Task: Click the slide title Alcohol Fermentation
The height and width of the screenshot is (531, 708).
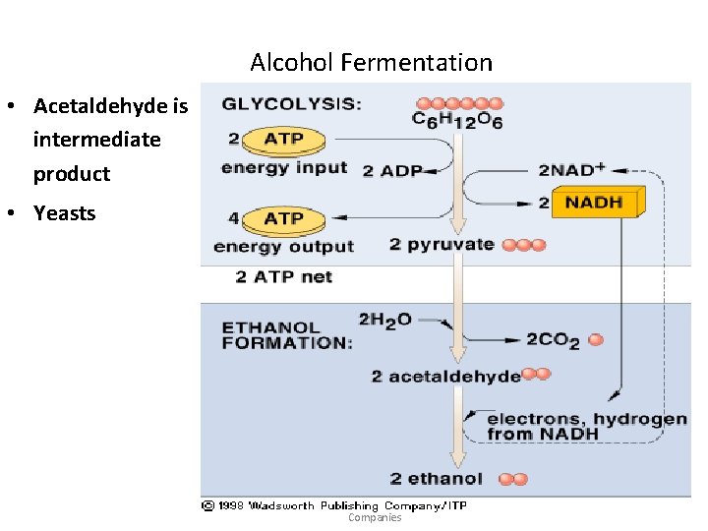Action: [x=371, y=63]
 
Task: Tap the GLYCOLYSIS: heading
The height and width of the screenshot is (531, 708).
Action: [x=291, y=104]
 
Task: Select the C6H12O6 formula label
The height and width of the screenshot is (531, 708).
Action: [x=457, y=122]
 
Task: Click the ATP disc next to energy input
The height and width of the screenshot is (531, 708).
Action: [x=283, y=140]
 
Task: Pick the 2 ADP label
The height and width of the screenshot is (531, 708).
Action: [x=391, y=170]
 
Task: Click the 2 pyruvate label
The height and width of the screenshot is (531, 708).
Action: [x=442, y=244]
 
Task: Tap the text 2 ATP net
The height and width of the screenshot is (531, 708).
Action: [x=283, y=277]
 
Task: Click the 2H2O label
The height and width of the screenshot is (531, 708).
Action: [x=384, y=321]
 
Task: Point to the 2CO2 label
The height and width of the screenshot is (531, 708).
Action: [x=553, y=340]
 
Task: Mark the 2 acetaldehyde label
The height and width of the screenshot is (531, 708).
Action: [x=445, y=376]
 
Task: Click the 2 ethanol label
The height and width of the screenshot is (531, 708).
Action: [x=436, y=479]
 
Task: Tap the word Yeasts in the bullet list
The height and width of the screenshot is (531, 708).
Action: [x=64, y=212]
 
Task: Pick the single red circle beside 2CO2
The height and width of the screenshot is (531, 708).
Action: [x=595, y=340]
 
